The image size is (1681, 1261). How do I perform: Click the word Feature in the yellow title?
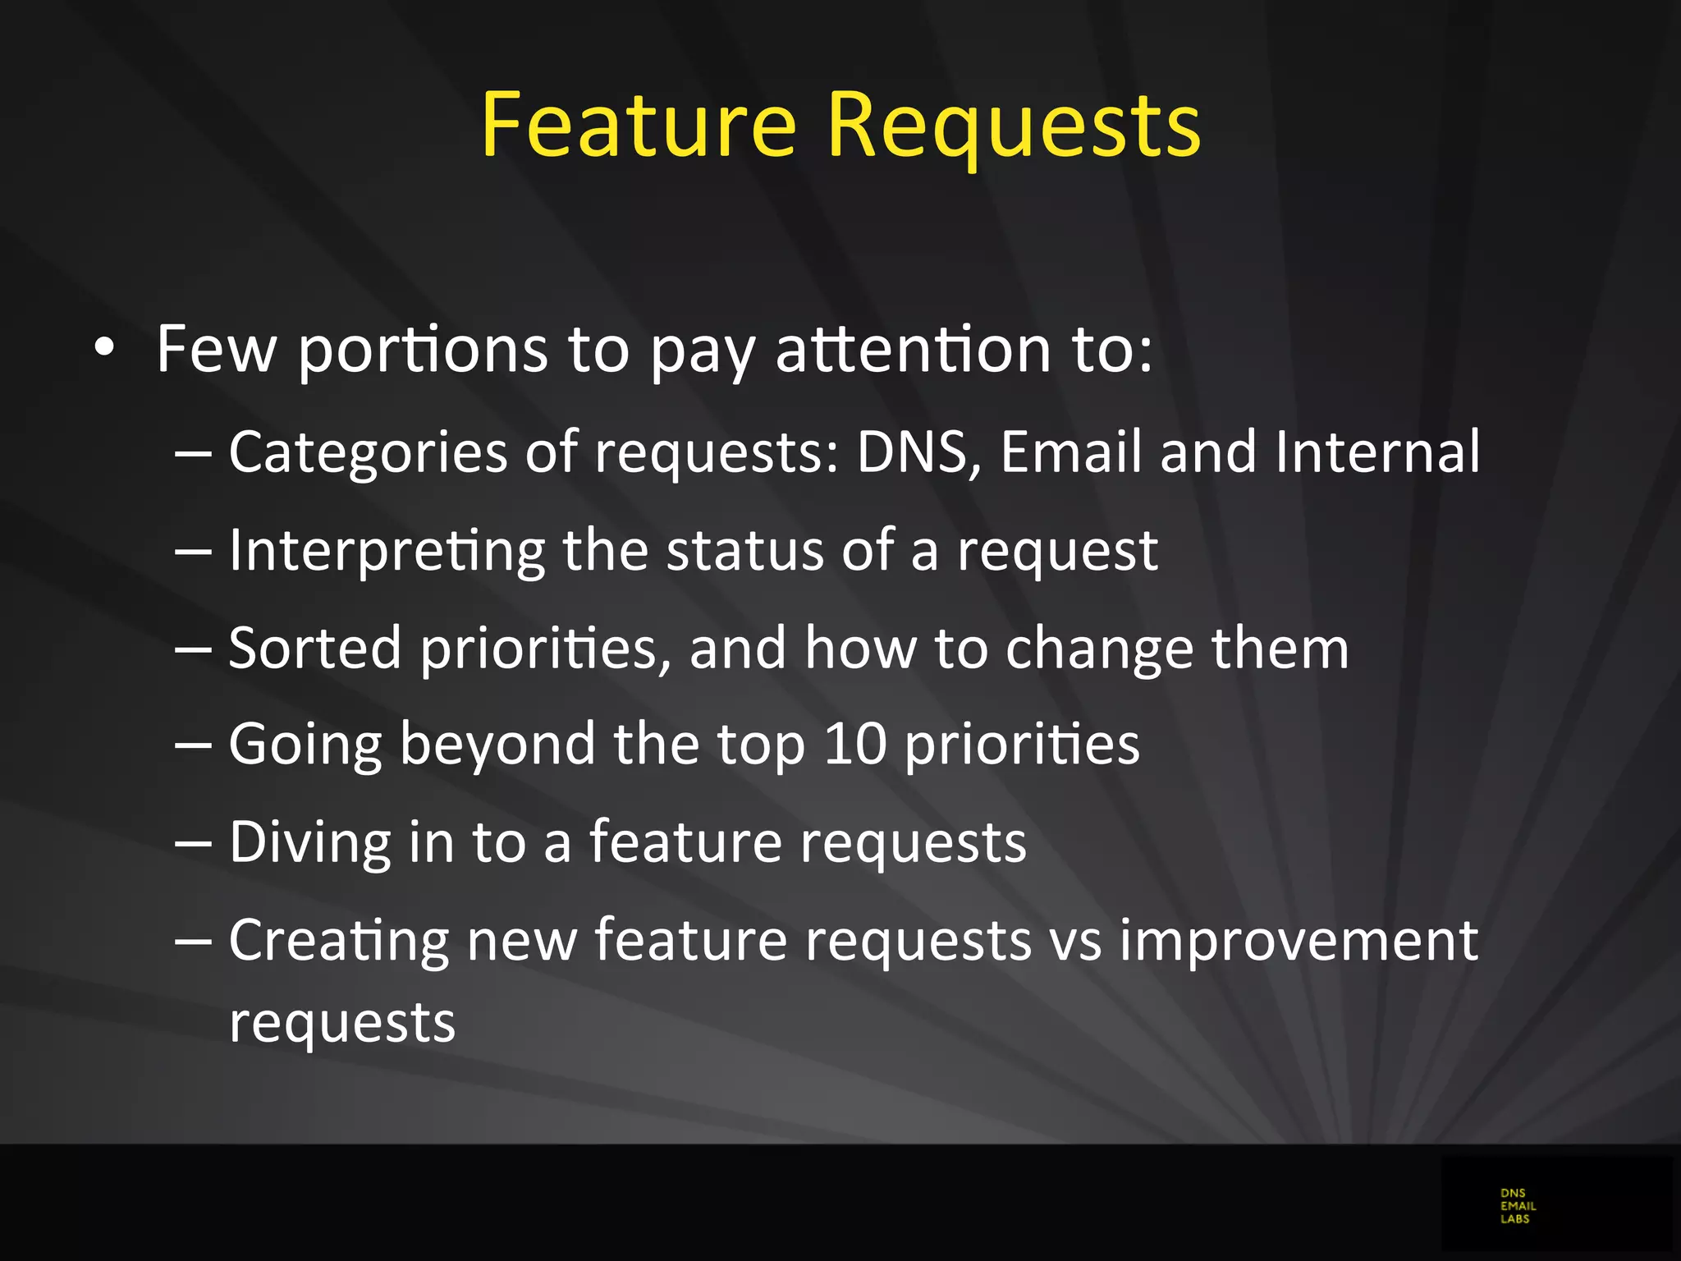tap(639, 125)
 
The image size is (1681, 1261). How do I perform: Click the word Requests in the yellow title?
tap(1015, 127)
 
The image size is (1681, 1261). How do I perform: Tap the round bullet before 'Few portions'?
tap(103, 348)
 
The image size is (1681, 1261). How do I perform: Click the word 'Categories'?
tap(369, 453)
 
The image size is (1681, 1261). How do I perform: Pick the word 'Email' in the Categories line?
tap(1071, 452)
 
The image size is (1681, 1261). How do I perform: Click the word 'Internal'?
tap(1378, 452)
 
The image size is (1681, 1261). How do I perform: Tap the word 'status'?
tap(744, 550)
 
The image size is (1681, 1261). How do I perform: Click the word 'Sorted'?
tap(315, 648)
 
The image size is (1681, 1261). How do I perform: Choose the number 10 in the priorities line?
tap(855, 745)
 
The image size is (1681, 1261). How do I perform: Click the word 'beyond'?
tap(497, 745)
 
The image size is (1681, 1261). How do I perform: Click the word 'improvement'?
tap(1299, 940)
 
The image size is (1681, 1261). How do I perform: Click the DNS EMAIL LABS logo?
tap(1518, 1206)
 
